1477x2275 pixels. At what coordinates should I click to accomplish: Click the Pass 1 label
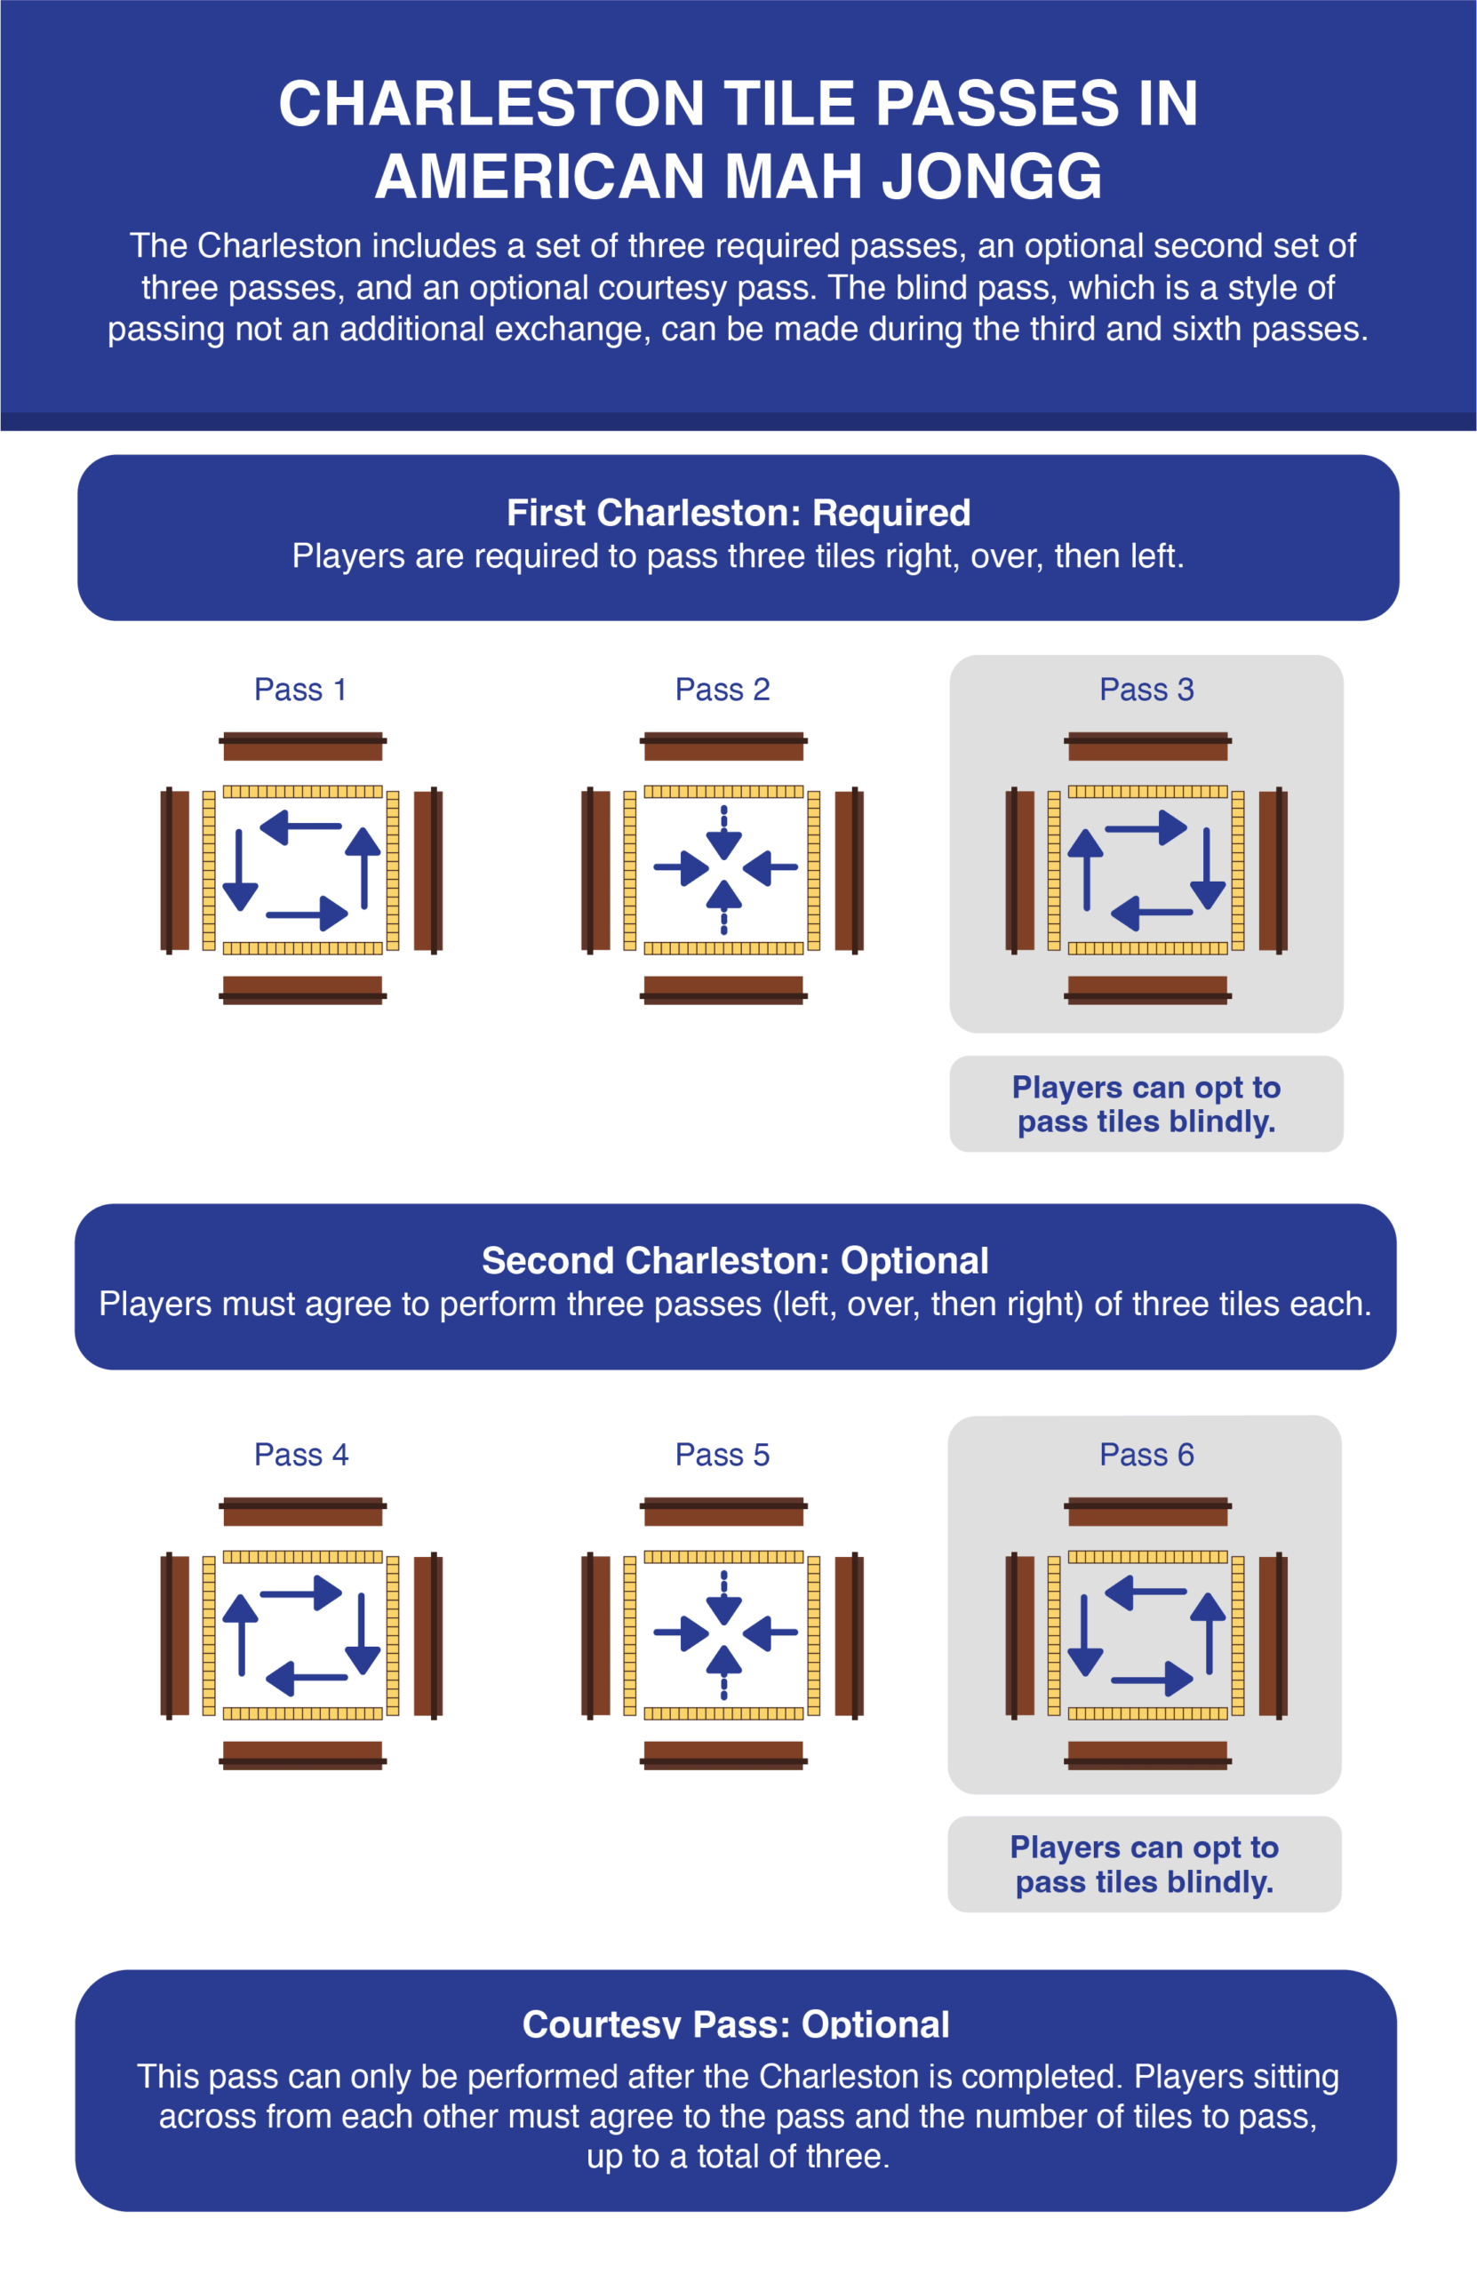click(300, 690)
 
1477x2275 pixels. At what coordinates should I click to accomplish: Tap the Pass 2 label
click(723, 690)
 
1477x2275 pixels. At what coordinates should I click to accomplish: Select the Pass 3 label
click(1146, 690)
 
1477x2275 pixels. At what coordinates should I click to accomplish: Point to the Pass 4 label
click(301, 1454)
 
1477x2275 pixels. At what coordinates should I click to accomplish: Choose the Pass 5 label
click(723, 1454)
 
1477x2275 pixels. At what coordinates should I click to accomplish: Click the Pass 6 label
click(1146, 1454)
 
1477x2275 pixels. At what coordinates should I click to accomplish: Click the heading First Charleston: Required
click(738, 513)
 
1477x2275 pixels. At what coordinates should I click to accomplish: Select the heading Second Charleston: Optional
click(735, 1260)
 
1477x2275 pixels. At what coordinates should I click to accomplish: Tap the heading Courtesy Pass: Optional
click(736, 2023)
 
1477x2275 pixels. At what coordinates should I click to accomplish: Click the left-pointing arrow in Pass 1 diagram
click(300, 826)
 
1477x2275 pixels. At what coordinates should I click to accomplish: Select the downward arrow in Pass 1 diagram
click(239, 870)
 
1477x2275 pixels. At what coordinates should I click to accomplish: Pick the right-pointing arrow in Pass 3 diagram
click(1146, 827)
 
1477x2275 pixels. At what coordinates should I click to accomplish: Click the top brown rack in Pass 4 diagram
click(302, 1512)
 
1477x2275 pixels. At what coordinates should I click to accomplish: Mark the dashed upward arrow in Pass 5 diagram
click(723, 1672)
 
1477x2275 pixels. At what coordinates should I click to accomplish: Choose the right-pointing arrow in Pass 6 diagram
click(1152, 1680)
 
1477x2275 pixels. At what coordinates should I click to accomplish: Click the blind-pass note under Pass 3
click(1146, 1104)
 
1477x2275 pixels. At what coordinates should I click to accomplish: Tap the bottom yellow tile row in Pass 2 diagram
click(723, 948)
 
